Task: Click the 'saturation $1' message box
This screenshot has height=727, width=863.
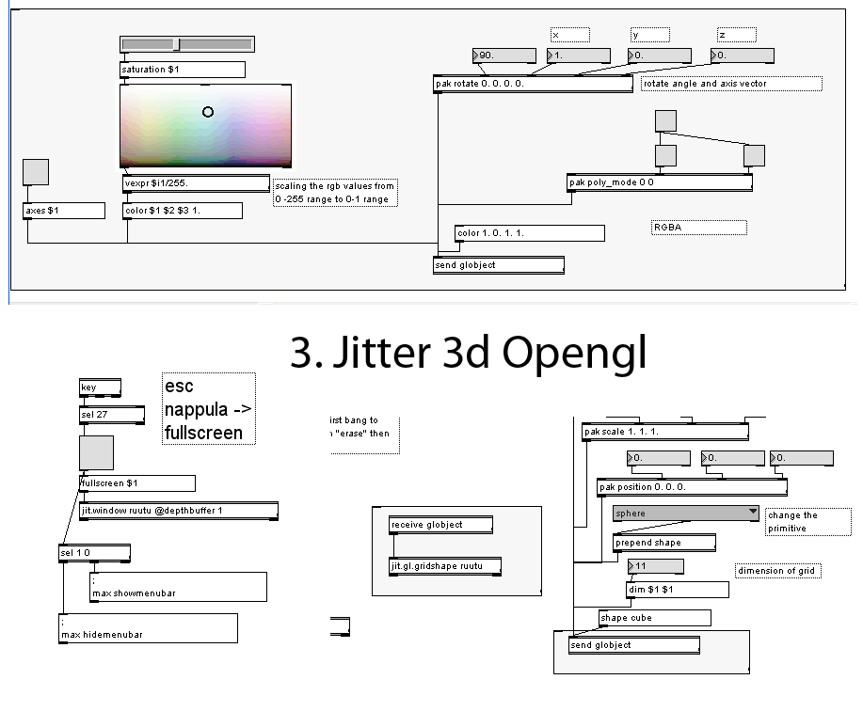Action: (183, 70)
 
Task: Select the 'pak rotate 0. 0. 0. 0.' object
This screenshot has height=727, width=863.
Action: (533, 84)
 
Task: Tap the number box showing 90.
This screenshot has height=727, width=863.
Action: (503, 55)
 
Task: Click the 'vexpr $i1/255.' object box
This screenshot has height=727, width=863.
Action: (196, 183)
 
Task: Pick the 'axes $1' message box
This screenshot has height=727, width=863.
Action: (64, 211)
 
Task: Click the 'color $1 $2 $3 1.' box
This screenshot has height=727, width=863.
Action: (183, 211)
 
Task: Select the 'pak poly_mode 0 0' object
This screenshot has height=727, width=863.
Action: (659, 182)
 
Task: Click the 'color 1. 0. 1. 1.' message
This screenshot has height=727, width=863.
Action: (529, 232)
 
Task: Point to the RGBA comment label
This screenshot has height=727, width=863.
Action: (698, 228)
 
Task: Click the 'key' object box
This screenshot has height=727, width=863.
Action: (100, 387)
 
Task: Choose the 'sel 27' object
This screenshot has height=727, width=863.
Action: (111, 414)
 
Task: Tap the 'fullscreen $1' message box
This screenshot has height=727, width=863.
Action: (137, 483)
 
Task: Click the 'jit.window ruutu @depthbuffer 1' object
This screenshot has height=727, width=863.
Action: (179, 511)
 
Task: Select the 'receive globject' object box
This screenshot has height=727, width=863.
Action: (439, 525)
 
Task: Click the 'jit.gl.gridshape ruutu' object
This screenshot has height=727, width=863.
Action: (444, 566)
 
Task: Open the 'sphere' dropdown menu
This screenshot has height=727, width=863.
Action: (685, 514)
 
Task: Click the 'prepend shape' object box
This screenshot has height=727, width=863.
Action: (663, 543)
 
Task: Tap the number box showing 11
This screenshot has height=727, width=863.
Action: (655, 566)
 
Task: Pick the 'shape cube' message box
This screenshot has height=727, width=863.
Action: (654, 618)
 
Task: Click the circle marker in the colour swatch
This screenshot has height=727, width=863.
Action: (208, 112)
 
